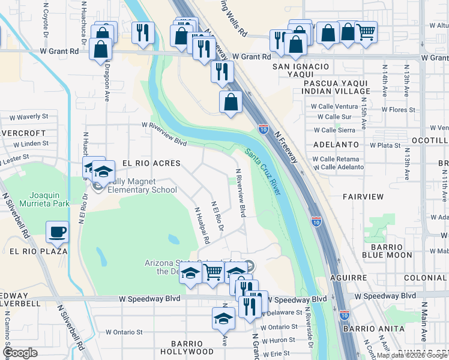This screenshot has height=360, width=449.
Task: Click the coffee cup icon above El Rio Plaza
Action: tap(58, 231)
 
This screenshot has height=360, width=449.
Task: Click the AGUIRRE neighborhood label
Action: tap(348, 278)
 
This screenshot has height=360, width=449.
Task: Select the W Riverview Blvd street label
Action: tap(164, 134)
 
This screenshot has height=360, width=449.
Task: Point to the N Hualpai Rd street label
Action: tap(201, 225)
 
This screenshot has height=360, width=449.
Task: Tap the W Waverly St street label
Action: tap(28, 116)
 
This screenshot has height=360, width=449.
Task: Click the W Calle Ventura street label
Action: tap(334, 106)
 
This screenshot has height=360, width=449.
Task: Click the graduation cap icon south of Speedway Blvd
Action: tap(223, 318)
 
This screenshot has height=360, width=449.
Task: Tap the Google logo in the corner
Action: tap(20, 353)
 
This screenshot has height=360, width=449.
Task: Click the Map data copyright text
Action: tap(412, 355)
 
